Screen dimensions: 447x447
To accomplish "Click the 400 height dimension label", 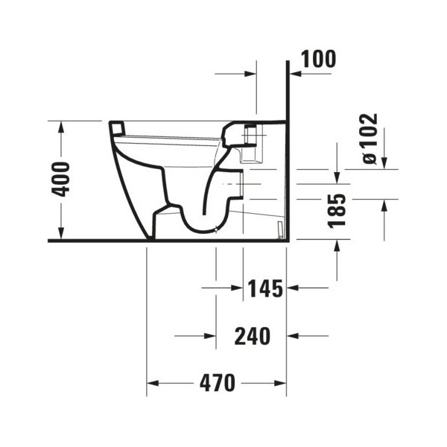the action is pyautogui.click(x=60, y=180).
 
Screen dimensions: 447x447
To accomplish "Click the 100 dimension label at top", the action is pyautogui.click(x=318, y=59).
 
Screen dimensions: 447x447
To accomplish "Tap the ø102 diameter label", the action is pyautogui.click(x=370, y=139).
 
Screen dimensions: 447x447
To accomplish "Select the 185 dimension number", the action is pyautogui.click(x=337, y=211).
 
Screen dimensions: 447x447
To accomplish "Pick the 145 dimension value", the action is pyautogui.click(x=265, y=288).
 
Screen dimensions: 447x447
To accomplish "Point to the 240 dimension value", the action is pyautogui.click(x=253, y=336).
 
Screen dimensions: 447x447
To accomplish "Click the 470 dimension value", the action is pyautogui.click(x=218, y=384).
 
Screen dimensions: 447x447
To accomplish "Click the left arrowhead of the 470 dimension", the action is pyautogui.click(x=153, y=384).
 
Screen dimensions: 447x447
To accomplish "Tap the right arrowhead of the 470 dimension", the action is pyautogui.click(x=280, y=384).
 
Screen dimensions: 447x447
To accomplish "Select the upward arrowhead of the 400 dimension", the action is pyautogui.click(x=61, y=127).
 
